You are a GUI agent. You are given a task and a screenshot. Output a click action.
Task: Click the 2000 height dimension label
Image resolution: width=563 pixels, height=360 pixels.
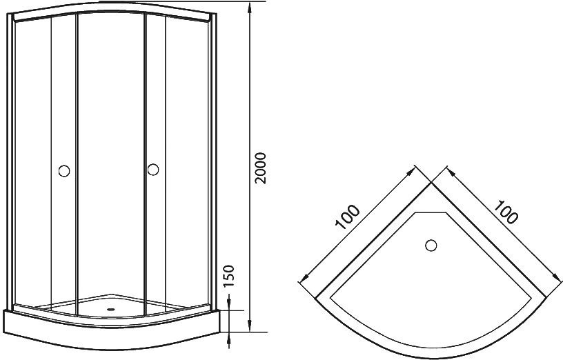(260, 168)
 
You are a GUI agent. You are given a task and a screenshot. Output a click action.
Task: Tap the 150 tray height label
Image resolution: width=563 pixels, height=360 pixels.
(228, 276)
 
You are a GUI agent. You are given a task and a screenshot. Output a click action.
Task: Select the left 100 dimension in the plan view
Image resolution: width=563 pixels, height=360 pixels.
(347, 217)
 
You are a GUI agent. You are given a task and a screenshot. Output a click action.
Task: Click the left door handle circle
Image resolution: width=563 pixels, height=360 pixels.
(64, 171)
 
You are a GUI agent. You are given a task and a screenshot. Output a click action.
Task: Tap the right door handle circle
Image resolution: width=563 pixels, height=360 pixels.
(153, 170)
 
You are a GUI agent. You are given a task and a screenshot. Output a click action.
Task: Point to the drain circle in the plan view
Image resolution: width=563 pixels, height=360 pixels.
(431, 246)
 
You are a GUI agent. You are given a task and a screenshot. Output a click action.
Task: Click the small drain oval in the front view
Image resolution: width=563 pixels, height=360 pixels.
(111, 308)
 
